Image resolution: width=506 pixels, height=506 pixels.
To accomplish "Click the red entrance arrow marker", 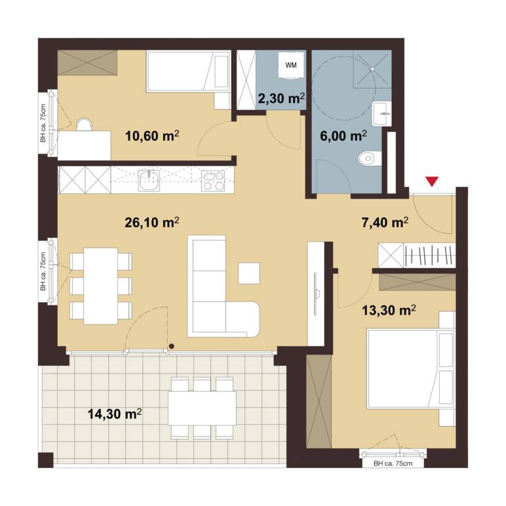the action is click(432, 182).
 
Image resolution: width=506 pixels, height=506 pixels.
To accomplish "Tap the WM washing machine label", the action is click(291, 65).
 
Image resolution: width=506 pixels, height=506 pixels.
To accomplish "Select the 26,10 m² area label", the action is click(151, 222).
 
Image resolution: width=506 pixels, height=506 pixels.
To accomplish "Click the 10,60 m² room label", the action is click(151, 136).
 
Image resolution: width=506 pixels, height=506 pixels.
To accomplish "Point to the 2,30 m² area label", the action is click(281, 98).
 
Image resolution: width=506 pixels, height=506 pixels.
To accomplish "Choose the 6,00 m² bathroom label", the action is click(343, 136).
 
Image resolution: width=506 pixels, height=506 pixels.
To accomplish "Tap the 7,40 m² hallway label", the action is click(385, 222).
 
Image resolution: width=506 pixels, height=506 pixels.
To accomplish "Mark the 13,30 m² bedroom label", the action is click(389, 311).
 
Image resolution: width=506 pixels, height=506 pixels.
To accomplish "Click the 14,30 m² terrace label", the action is click(115, 414).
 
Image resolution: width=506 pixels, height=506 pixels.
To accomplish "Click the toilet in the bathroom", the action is click(370, 158).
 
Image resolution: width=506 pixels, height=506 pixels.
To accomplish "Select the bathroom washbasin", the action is click(381, 113).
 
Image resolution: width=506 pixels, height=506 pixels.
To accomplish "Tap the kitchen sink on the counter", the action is click(149, 180).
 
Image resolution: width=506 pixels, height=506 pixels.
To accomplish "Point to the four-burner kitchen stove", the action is click(213, 180).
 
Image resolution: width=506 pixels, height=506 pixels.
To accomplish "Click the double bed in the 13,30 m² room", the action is click(411, 368).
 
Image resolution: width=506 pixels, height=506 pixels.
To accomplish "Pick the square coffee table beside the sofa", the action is click(249, 273).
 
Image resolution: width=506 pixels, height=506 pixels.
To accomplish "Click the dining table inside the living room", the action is click(100, 286).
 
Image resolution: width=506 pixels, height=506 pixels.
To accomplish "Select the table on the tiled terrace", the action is click(202, 408).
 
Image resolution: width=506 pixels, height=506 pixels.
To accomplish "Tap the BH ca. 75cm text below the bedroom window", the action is click(393, 464).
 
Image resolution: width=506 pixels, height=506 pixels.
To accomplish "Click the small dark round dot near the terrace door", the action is click(172, 346).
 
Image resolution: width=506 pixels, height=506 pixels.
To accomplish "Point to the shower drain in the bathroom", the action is click(372, 69).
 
